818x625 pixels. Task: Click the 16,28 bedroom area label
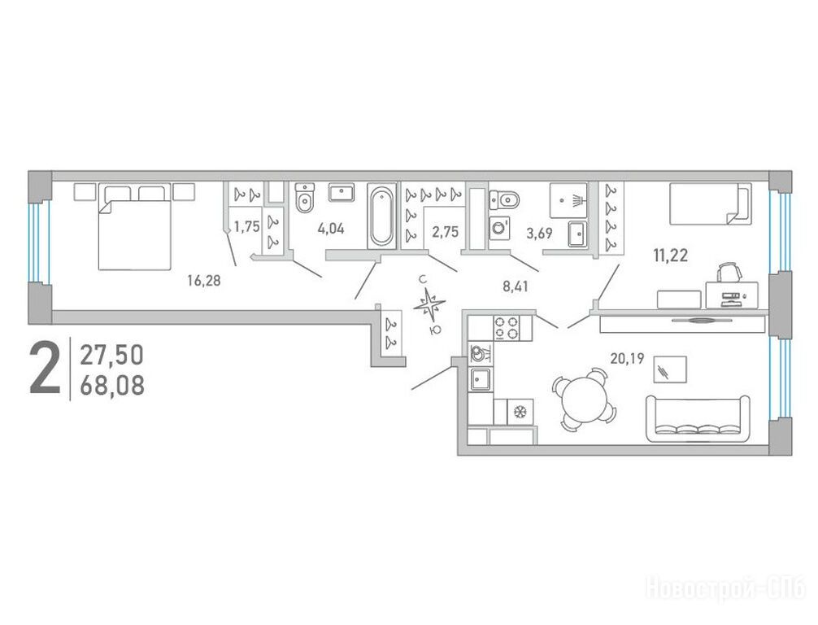tap(204, 281)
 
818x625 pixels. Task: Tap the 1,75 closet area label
tap(246, 226)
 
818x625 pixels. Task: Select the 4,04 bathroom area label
tap(331, 229)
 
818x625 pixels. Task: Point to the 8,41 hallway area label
tap(516, 286)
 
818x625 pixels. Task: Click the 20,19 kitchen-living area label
tap(627, 358)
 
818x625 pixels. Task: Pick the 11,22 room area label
tap(670, 256)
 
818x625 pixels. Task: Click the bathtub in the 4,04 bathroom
tap(381, 216)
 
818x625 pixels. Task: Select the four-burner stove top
tap(507, 329)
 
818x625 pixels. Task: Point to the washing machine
tap(499, 229)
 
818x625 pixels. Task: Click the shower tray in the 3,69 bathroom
tap(568, 200)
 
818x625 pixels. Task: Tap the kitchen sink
tap(481, 378)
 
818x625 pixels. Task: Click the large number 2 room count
tap(45, 367)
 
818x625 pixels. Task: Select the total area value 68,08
tap(112, 387)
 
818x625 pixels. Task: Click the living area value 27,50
tap(111, 356)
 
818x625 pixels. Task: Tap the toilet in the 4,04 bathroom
tap(305, 198)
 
